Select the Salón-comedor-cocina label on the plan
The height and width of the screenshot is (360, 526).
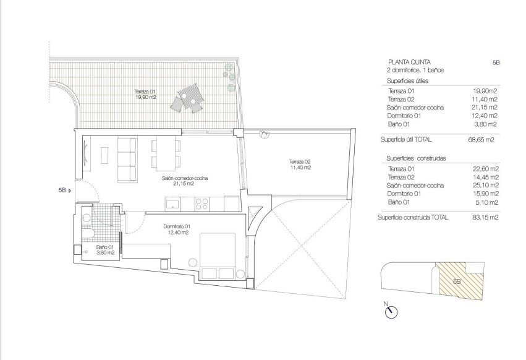[185, 180]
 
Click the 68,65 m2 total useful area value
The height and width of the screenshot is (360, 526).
[485, 140]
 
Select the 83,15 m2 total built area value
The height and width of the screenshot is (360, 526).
[485, 218]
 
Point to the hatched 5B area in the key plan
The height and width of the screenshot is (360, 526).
[456, 281]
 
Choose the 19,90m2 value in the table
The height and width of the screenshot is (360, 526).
[485, 90]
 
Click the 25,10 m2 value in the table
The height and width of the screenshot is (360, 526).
[485, 185]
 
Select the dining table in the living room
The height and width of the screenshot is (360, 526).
[165, 152]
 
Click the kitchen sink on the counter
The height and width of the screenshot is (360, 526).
[173, 203]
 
